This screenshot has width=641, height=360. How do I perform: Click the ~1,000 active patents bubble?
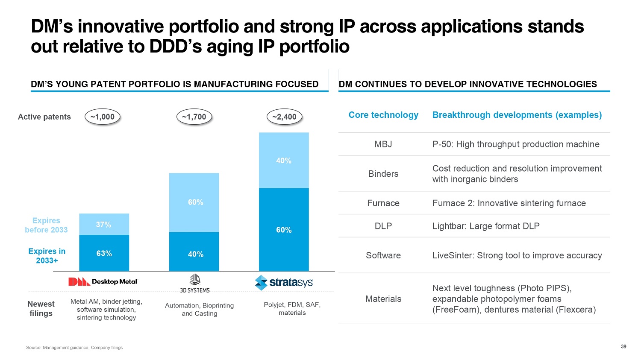(x=103, y=117)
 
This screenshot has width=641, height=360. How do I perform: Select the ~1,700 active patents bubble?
(x=194, y=117)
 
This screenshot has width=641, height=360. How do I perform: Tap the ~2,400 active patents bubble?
(x=284, y=117)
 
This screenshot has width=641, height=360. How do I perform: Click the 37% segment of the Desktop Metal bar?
(x=104, y=224)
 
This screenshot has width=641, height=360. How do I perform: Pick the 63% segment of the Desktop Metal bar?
(x=104, y=253)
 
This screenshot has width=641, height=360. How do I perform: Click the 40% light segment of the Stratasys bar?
(x=284, y=161)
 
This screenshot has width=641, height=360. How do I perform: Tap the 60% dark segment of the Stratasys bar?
(x=284, y=230)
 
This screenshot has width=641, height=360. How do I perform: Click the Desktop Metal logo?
(x=103, y=282)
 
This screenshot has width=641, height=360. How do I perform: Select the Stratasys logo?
(x=284, y=282)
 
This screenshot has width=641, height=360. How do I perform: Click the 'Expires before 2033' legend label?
(x=46, y=225)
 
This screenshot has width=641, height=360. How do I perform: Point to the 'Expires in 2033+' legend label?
(x=47, y=256)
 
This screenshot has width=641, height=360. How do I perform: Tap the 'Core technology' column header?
(x=383, y=115)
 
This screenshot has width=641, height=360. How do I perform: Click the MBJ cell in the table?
(x=383, y=144)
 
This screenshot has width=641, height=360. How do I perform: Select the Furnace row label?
(x=383, y=203)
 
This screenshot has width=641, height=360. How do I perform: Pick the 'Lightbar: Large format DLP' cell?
(x=486, y=226)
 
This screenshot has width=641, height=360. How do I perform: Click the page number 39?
(x=623, y=346)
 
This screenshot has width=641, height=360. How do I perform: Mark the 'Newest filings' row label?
(x=41, y=308)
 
